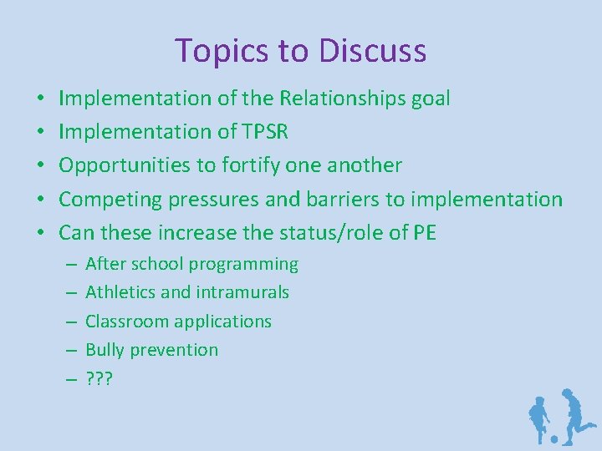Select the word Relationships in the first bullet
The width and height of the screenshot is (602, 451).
pos(344,99)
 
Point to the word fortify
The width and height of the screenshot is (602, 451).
pos(249,165)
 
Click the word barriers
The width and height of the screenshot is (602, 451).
pos(349,200)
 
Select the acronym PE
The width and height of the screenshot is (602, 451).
pos(424,233)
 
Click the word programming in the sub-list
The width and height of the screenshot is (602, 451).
pos(243,265)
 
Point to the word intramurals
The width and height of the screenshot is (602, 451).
pos(242,292)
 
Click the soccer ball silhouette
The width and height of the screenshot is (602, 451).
pos(553,438)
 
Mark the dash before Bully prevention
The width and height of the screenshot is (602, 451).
pos(69,350)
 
